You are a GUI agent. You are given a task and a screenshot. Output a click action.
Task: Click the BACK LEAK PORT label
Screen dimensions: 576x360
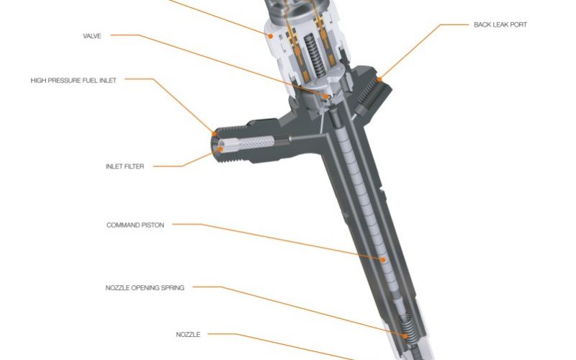pos(500,24)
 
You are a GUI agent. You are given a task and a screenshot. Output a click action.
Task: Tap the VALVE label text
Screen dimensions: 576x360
pos(92,36)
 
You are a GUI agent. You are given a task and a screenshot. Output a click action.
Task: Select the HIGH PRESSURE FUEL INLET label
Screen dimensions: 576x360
pos(73,81)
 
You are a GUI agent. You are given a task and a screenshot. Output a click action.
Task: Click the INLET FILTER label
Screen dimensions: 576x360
pos(125,166)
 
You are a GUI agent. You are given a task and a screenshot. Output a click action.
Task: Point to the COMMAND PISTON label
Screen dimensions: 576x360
pos(135,225)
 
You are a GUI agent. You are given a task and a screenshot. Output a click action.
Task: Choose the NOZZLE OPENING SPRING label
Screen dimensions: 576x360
pos(145,287)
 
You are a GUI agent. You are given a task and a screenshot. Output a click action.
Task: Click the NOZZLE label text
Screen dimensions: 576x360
pos(188,335)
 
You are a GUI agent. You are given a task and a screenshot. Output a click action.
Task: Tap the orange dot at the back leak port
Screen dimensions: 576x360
pos(379,79)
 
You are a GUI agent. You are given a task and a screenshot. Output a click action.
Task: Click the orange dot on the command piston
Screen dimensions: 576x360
pos(383,260)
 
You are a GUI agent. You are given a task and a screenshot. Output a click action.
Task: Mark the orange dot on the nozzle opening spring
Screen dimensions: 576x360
pos(405,336)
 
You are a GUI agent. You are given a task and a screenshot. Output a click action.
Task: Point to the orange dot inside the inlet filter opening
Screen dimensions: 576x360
pos(220,149)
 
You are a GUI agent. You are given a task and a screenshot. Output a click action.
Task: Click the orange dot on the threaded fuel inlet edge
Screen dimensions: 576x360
pos(215,134)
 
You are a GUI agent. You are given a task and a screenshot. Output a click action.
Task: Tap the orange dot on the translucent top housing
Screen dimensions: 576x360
pos(271,36)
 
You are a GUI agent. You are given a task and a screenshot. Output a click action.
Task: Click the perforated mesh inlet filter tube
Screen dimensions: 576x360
pos(257,142)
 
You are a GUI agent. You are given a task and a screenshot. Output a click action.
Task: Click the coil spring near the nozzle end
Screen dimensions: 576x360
pos(408,330)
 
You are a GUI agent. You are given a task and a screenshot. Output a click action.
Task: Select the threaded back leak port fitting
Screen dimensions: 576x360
pos(372,94)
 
